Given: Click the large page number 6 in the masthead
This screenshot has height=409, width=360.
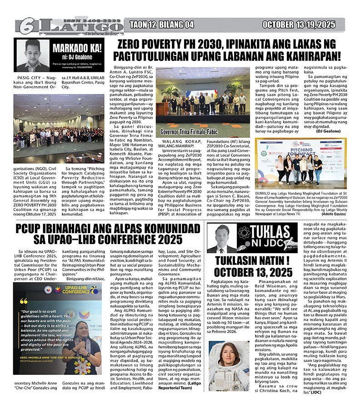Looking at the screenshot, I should point(26,26).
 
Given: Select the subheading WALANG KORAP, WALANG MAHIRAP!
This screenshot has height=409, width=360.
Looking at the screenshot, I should point(178,145).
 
